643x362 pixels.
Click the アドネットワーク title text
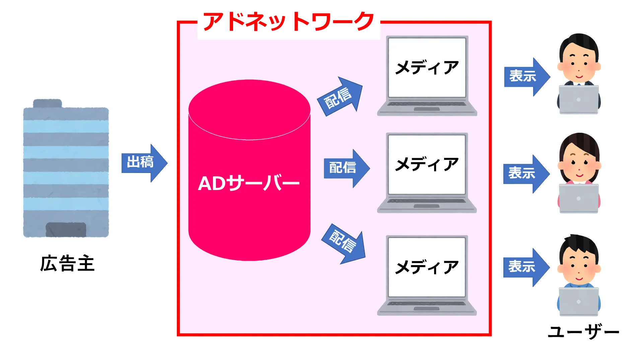click(288, 22)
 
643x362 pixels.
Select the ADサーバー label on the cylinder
click(248, 183)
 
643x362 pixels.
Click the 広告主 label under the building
click(67, 263)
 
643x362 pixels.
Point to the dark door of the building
click(66, 229)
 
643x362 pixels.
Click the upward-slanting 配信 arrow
click(340, 97)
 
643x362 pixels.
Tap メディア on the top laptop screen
click(427, 67)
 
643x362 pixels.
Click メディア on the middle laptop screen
click(427, 164)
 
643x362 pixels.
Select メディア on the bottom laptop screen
click(427, 267)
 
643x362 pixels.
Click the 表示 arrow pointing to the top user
click(526, 76)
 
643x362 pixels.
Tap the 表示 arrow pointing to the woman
click(525, 173)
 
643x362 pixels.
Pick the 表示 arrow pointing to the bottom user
click(525, 267)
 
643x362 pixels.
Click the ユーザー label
click(583, 332)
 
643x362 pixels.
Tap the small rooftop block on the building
click(48, 103)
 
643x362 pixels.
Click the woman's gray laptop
click(578, 198)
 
